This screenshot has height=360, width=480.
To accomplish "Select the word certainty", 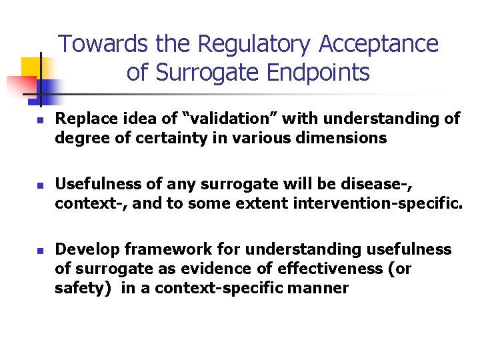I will (x=152, y=139).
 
